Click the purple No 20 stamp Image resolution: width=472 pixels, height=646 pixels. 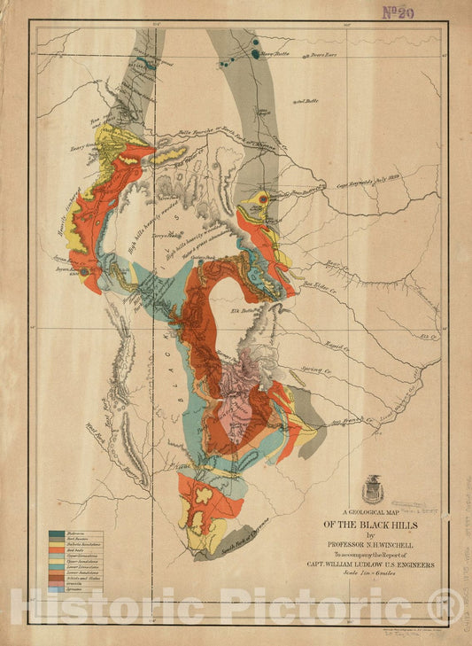423,12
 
